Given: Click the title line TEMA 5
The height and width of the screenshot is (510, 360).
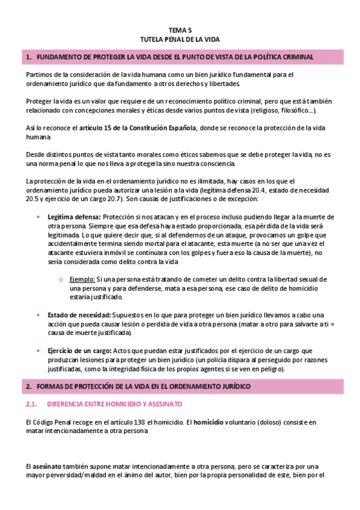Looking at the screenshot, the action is coord(180,29).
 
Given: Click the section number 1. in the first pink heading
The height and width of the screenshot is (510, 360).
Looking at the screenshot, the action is coord(28,57).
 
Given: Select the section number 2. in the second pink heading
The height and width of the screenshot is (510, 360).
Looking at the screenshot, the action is coord(28,385).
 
